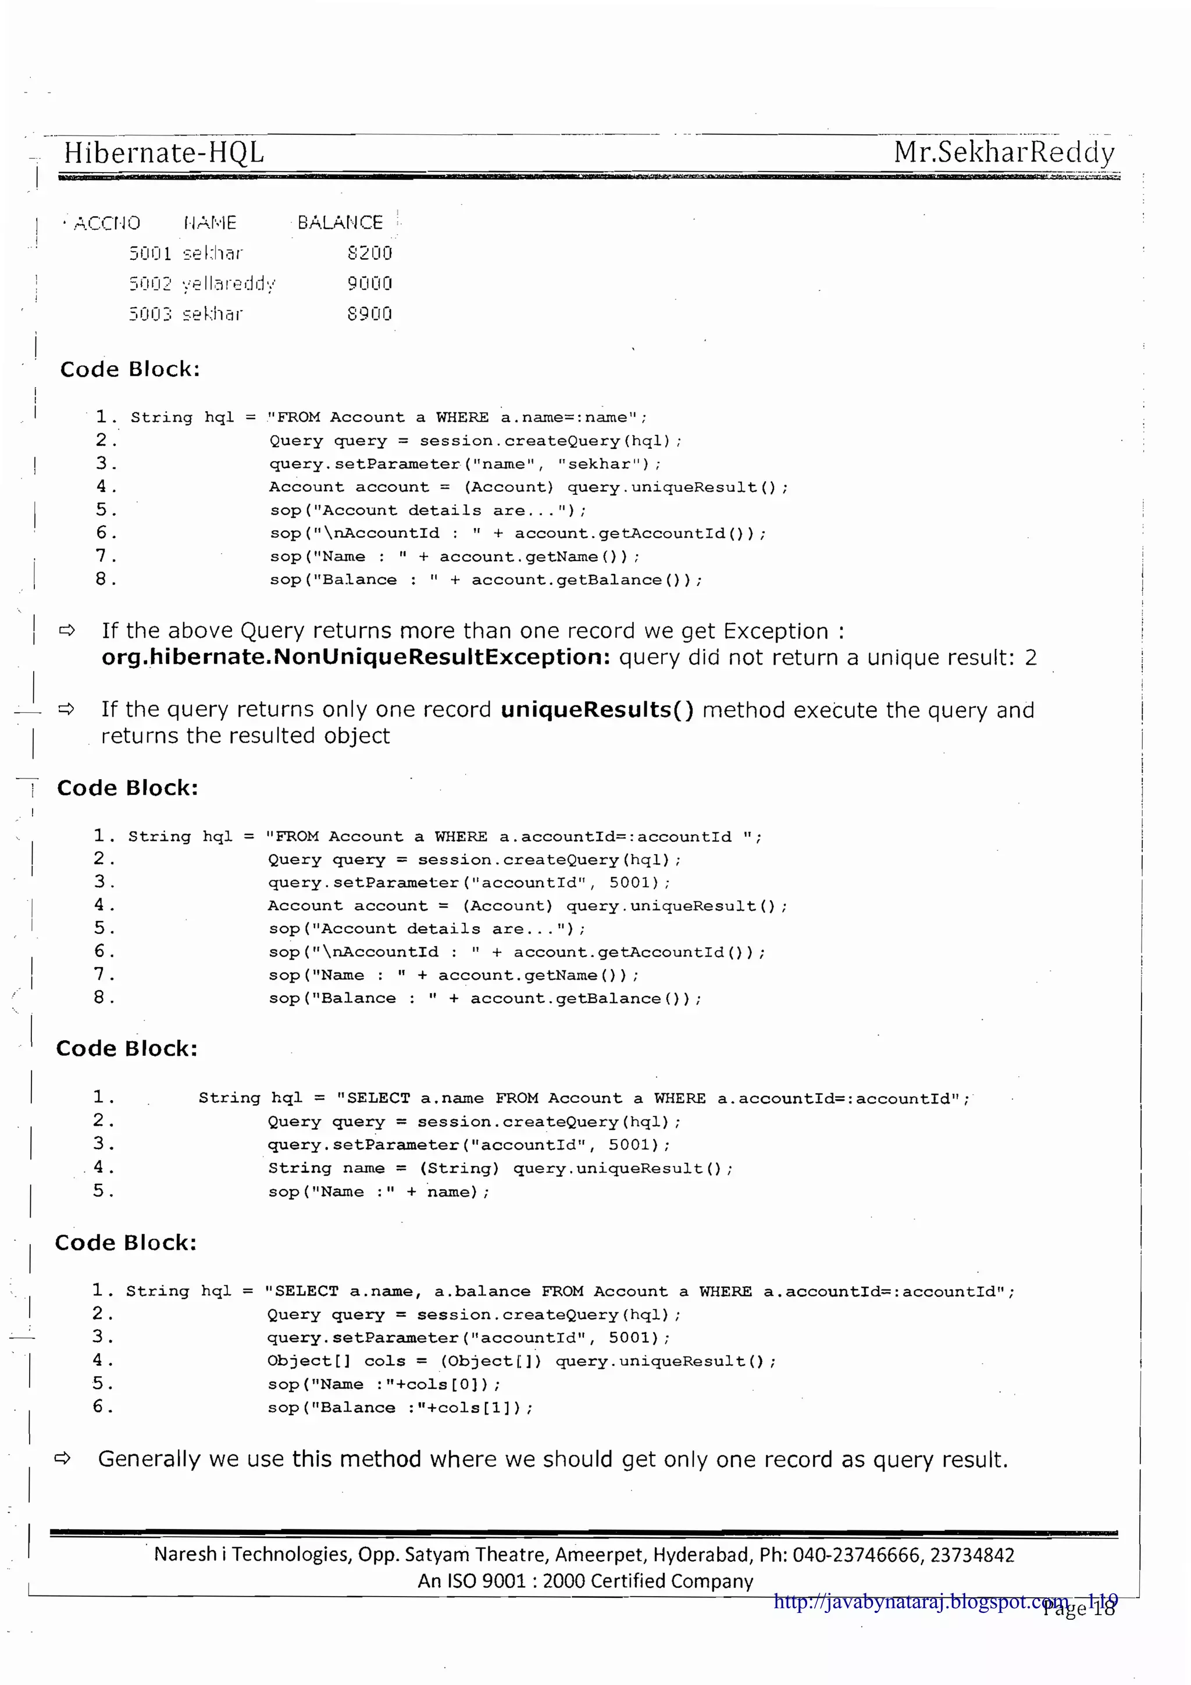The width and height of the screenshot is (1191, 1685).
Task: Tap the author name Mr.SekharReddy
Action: pyautogui.click(x=1003, y=153)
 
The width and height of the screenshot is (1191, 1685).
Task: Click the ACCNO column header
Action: pyautogui.click(x=106, y=223)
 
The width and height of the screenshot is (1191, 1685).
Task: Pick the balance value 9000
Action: pyautogui.click(x=369, y=283)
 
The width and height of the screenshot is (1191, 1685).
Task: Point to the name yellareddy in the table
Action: pyautogui.click(x=229, y=284)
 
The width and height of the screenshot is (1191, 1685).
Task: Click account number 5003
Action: pyautogui.click(x=149, y=314)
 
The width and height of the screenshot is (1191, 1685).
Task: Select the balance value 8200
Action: pyautogui.click(x=369, y=253)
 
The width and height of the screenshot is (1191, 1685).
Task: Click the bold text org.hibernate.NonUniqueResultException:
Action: pyautogui.click(x=356, y=657)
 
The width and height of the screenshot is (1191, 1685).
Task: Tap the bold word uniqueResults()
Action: pyautogui.click(x=597, y=710)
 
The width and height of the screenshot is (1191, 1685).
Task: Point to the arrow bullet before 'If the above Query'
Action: pyautogui.click(x=67, y=630)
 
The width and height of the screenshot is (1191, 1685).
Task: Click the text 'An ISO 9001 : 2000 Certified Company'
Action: pyautogui.click(x=585, y=1580)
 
